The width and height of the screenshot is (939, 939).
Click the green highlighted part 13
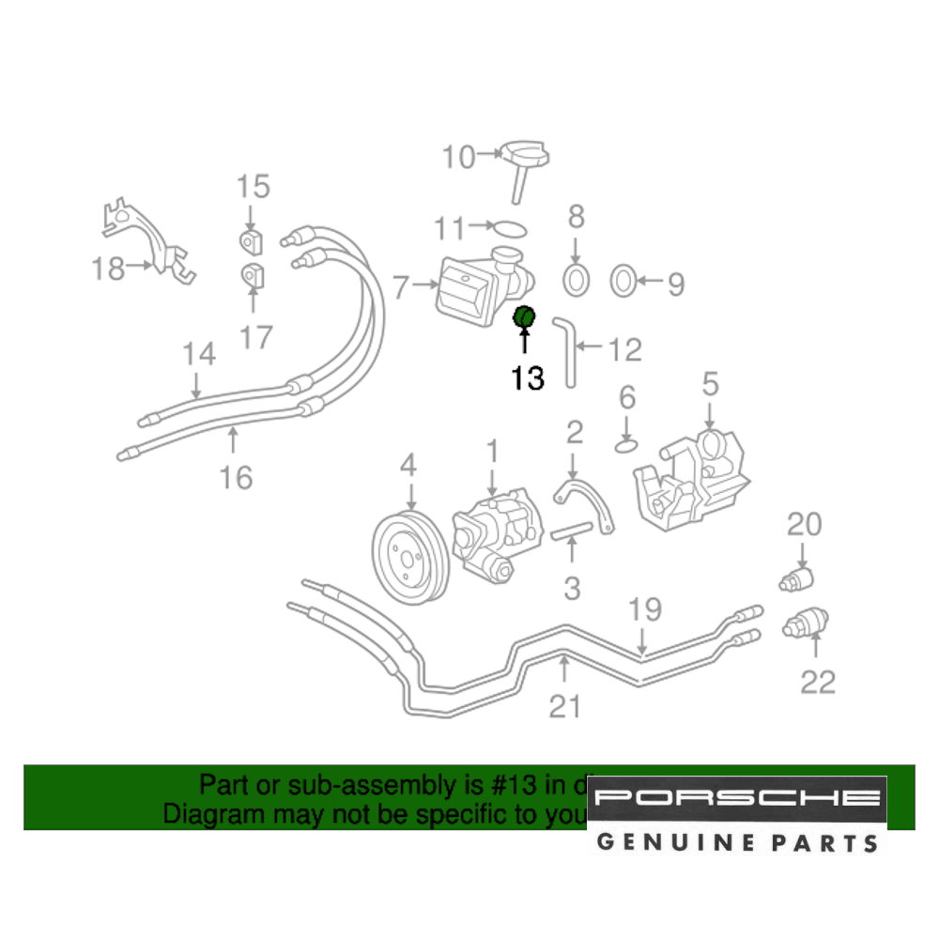[523, 318]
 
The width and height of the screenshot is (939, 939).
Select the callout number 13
[528, 378]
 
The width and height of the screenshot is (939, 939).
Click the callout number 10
[459, 157]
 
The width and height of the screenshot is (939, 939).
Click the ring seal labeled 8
[576, 278]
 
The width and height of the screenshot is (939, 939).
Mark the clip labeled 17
[252, 278]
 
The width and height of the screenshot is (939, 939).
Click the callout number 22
[817, 681]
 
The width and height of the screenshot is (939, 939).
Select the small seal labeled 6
[627, 443]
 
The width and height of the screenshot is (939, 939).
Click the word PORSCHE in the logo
[737, 799]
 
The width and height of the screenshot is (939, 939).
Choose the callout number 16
[237, 477]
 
